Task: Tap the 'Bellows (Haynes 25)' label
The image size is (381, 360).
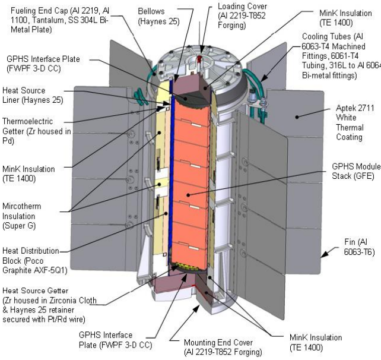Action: point(158,16)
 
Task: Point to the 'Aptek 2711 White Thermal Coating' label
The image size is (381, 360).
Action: point(355,122)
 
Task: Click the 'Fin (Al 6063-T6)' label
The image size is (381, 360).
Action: point(360,247)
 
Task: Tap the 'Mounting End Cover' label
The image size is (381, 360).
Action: point(223,347)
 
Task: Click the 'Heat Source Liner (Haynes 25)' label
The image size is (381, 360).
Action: point(33,95)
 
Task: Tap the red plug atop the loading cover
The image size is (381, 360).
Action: point(199,59)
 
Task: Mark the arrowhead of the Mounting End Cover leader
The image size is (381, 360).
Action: point(196,308)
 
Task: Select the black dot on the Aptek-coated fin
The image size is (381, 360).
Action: point(297,117)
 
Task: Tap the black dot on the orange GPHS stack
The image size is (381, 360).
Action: point(188,195)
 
